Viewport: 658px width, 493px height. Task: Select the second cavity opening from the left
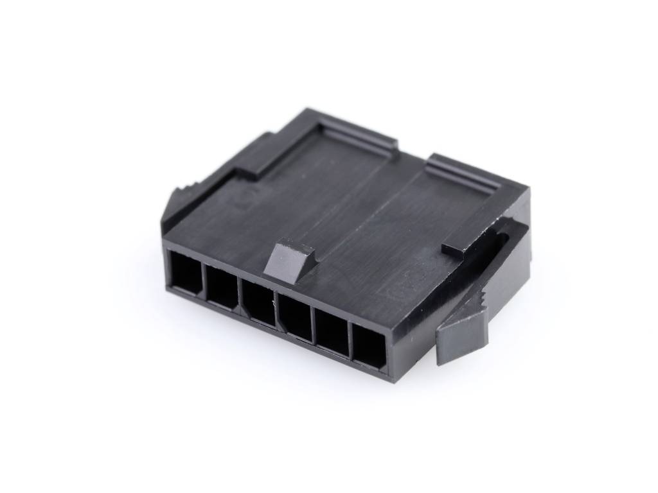[222, 286]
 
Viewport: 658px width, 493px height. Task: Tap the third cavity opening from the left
[259, 302]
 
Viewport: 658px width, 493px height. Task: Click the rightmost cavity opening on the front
[369, 347]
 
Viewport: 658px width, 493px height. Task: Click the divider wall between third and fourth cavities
[278, 309]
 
